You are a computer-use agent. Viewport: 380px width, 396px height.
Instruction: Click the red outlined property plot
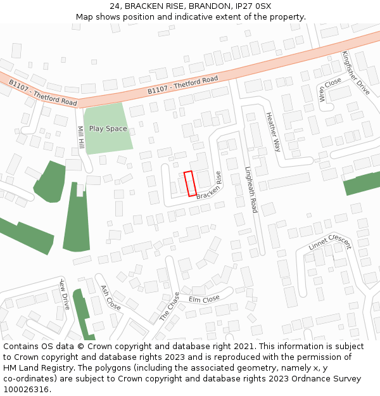click(190, 184)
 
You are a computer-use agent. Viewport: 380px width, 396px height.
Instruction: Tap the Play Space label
click(108, 129)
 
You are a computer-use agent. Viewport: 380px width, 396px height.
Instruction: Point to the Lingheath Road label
click(251, 189)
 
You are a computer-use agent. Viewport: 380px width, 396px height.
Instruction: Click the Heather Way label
click(273, 132)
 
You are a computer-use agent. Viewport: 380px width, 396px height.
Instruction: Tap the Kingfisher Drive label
click(356, 73)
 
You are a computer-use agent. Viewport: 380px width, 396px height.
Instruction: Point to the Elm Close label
click(204, 298)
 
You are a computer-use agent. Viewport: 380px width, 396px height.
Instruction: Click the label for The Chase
click(169, 307)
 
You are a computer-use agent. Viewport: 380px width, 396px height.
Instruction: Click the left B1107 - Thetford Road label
click(43, 93)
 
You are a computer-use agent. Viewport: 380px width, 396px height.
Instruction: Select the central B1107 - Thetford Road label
click(182, 85)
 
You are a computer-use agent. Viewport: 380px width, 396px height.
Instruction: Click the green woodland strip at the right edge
click(362, 184)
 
